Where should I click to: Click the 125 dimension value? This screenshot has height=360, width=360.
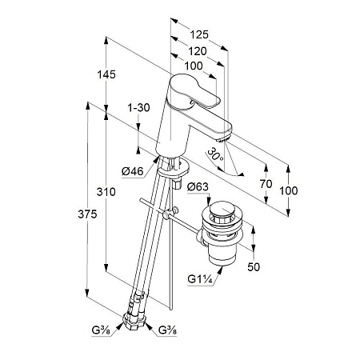[x=199, y=34]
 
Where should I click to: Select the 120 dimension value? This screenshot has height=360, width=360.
[x=198, y=51]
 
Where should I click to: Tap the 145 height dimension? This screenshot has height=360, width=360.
[x=106, y=74]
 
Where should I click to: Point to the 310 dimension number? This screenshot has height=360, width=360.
[x=106, y=192]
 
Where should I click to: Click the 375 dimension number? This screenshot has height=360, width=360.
[x=87, y=214]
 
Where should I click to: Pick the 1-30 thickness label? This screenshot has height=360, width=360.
[x=138, y=108]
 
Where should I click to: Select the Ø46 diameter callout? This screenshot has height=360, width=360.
[x=133, y=171]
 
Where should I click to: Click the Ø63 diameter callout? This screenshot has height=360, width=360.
[x=198, y=186]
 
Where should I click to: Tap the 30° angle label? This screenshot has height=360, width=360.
[x=216, y=155]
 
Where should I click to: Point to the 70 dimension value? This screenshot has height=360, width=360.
[x=266, y=184]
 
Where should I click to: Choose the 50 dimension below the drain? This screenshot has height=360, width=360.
[x=254, y=266]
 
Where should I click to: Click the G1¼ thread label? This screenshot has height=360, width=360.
[x=200, y=279]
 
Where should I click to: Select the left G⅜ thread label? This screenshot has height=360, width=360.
[x=101, y=330]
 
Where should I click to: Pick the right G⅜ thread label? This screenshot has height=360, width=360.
[x=167, y=330]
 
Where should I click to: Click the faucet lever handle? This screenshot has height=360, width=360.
[x=194, y=91]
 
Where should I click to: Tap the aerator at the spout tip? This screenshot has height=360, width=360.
[x=223, y=138]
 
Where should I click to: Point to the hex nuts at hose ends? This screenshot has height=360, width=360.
[x=134, y=319]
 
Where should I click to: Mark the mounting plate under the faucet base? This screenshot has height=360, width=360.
[x=174, y=168]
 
